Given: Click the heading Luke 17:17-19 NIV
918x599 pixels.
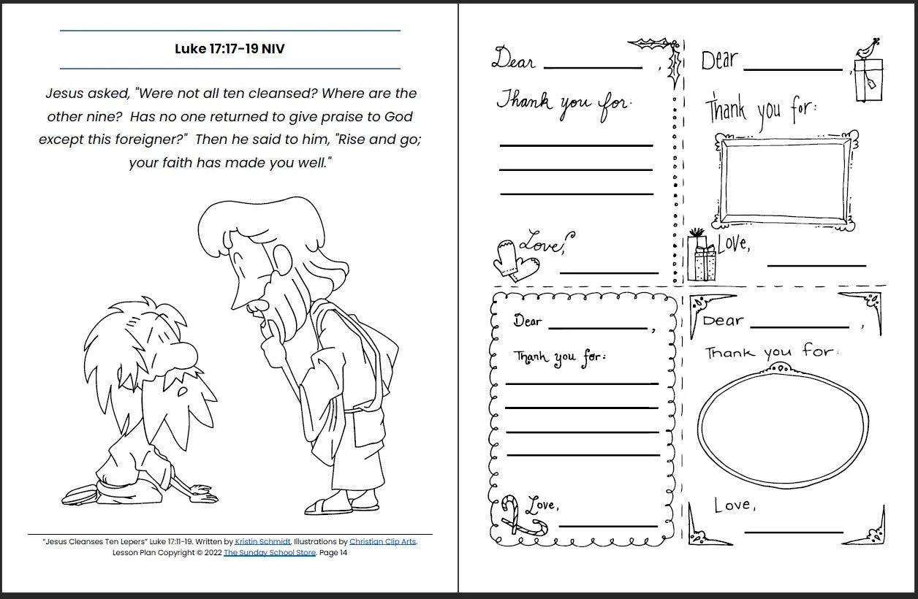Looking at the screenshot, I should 229,50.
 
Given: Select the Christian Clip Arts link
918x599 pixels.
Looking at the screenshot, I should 382,542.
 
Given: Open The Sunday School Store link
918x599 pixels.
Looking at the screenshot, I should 270,553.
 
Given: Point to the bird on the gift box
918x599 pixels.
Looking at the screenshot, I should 867,48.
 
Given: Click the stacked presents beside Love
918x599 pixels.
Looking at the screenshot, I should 702,257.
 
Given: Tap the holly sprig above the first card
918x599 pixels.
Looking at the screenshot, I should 653,45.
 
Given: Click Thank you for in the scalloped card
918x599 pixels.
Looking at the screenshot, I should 559,358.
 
